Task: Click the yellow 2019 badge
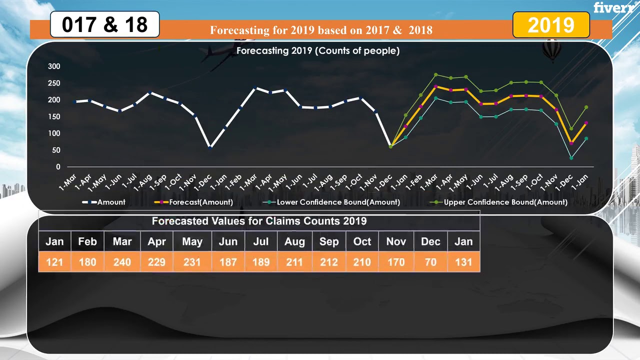tap(551, 25)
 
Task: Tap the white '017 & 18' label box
tap(104, 24)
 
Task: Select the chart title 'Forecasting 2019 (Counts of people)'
tap(317, 50)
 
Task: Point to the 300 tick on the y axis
tap(54, 66)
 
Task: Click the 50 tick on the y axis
tap(55, 150)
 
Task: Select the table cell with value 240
tap(122, 262)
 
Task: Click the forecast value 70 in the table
tap(430, 262)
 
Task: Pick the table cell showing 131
tap(463, 262)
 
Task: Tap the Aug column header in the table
tap(294, 241)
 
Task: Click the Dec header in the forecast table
tap(430, 241)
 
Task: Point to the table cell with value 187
tap(228, 262)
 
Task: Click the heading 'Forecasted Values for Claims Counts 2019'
tap(259, 221)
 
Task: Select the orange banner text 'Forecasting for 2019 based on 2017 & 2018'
tap(321, 30)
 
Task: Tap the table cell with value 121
tap(54, 262)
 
